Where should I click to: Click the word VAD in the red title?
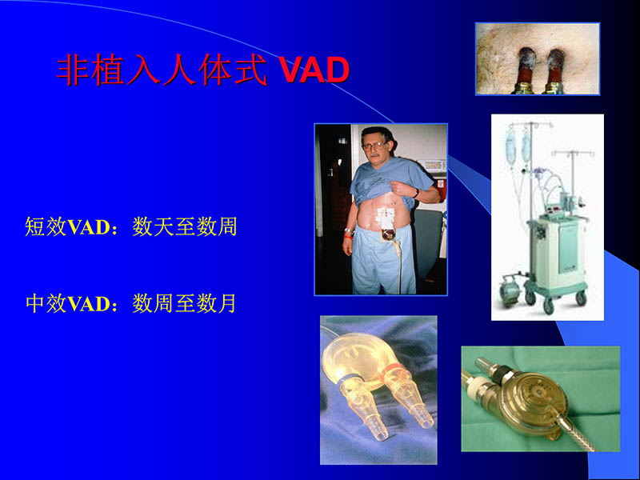(314, 70)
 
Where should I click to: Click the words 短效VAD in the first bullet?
(66, 227)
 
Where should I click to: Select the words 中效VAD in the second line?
(66, 303)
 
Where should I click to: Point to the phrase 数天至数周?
(185, 227)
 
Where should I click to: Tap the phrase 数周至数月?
(185, 303)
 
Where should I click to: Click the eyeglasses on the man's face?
(375, 147)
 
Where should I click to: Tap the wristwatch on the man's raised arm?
(415, 193)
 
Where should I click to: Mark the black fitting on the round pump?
(499, 373)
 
